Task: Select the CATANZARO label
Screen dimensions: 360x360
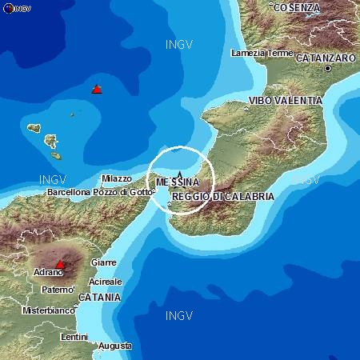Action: pos(326,58)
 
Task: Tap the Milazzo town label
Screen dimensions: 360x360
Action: pos(118,178)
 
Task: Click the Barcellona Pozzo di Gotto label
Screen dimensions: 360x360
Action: pos(99,192)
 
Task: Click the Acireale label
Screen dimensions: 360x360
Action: pos(106,282)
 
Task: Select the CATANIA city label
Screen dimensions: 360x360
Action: pos(99,297)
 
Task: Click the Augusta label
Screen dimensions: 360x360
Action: pos(115,346)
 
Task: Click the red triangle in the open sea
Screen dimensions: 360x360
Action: pos(97,89)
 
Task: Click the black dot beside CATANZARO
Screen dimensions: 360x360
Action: pos(327,69)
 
